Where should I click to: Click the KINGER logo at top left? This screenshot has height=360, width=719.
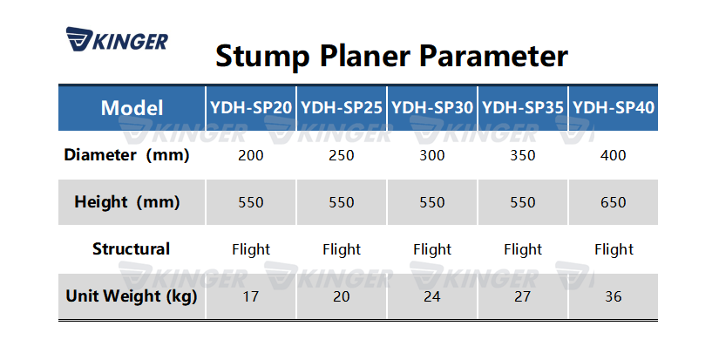click(x=116, y=41)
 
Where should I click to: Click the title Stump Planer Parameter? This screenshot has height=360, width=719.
click(x=391, y=56)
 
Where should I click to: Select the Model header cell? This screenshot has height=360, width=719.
click(x=132, y=108)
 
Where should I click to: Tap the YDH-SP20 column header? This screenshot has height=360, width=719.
click(x=251, y=108)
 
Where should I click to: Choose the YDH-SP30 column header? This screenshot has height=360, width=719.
click(x=432, y=108)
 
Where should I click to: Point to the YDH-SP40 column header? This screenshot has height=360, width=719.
click(x=614, y=108)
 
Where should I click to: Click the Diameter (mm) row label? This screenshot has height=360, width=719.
click(x=127, y=155)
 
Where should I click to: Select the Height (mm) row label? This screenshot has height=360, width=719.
click(x=127, y=202)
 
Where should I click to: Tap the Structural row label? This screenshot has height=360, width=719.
click(x=131, y=249)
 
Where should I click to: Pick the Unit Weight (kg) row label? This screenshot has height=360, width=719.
click(x=132, y=296)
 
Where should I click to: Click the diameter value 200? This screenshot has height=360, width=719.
click(x=251, y=156)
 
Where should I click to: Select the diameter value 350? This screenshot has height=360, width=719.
click(x=523, y=156)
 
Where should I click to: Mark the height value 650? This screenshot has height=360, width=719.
click(x=614, y=203)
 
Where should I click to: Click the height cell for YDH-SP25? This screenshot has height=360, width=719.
click(x=342, y=203)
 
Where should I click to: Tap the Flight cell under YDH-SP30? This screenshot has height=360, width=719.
click(x=432, y=250)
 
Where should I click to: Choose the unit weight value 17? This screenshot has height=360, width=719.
click(x=251, y=297)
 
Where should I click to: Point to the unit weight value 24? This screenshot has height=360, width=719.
click(x=432, y=297)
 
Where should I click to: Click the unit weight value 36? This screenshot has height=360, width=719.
click(x=614, y=297)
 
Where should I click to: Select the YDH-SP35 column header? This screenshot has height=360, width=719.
click(x=523, y=108)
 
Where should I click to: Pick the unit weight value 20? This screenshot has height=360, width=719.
click(x=342, y=297)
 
